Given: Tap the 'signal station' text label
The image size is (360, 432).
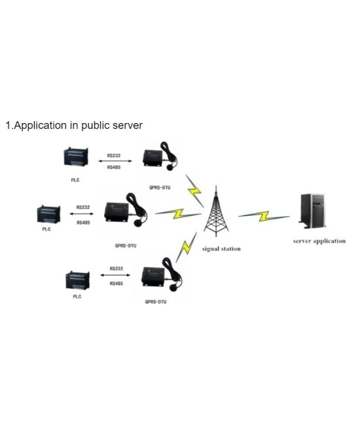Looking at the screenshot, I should [x=221, y=249].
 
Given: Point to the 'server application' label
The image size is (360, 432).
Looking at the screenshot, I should [x=319, y=241].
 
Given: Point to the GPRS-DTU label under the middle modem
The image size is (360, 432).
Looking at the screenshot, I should [x=125, y=246].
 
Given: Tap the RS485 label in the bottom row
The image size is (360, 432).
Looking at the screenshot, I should [x=117, y=284].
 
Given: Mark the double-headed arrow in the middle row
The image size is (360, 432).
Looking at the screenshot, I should [x=83, y=215].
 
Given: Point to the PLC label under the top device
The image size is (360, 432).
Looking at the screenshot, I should [x=75, y=180].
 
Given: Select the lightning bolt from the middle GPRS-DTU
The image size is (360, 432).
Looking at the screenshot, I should [x=170, y=213].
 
